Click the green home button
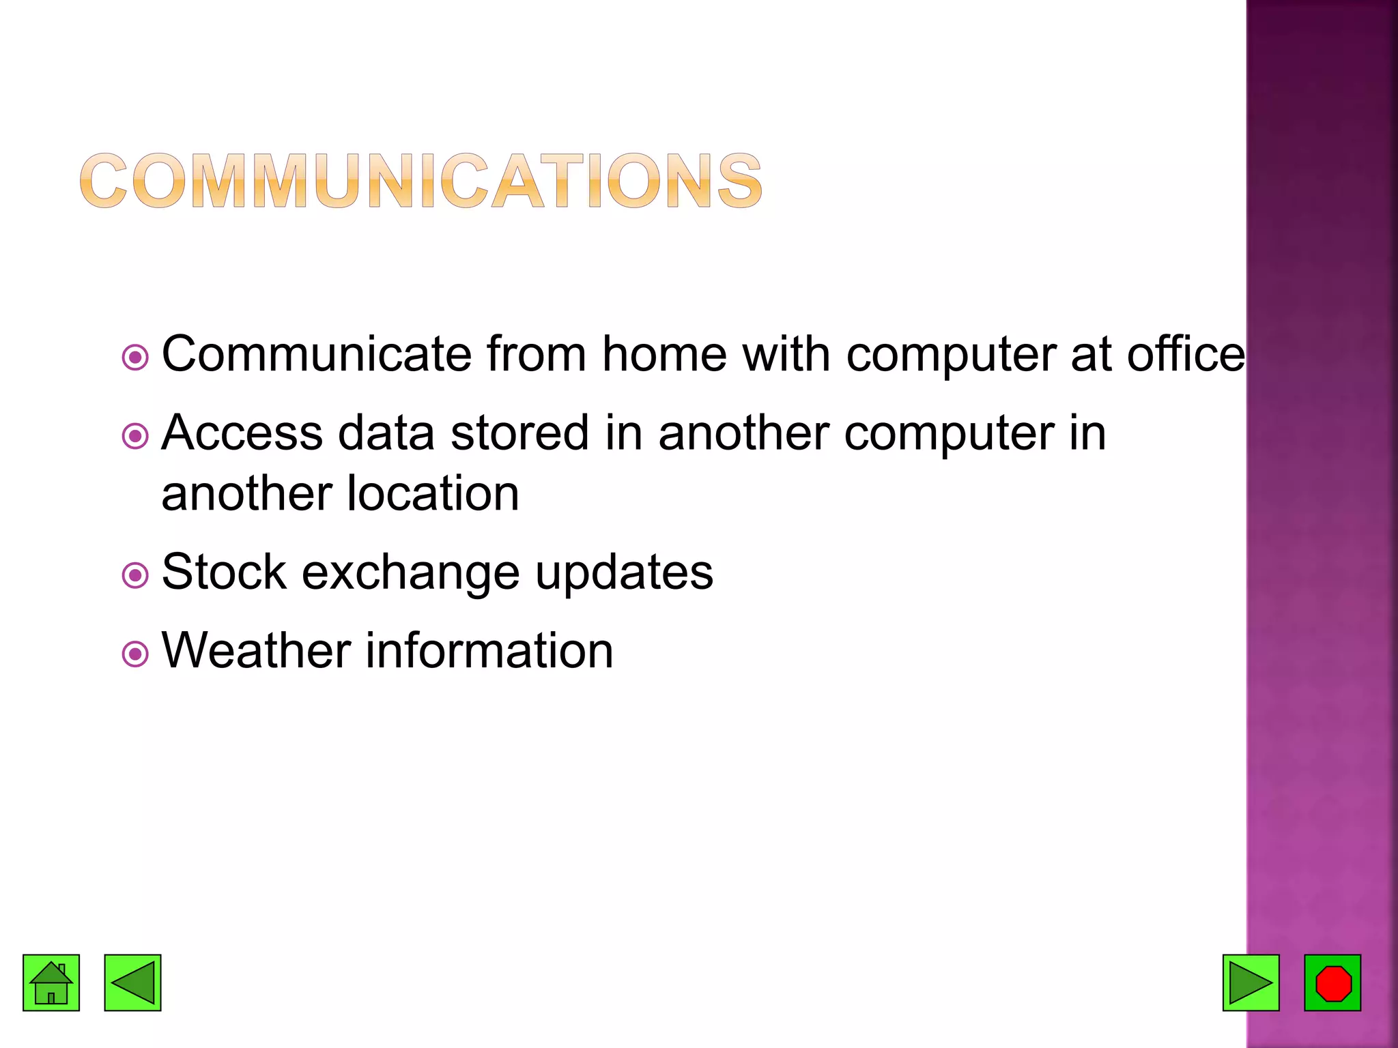[51, 982]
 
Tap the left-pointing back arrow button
[132, 982]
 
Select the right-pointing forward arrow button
[1251, 982]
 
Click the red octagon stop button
[1332, 982]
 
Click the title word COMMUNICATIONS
[420, 180]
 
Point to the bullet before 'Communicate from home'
[135, 357]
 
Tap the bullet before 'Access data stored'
[135, 436]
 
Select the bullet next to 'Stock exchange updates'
[135, 575]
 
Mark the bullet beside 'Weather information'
[135, 654]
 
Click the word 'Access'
[242, 433]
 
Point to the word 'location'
[433, 493]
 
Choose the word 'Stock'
[224, 572]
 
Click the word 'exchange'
[410, 573]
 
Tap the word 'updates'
[624, 573]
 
